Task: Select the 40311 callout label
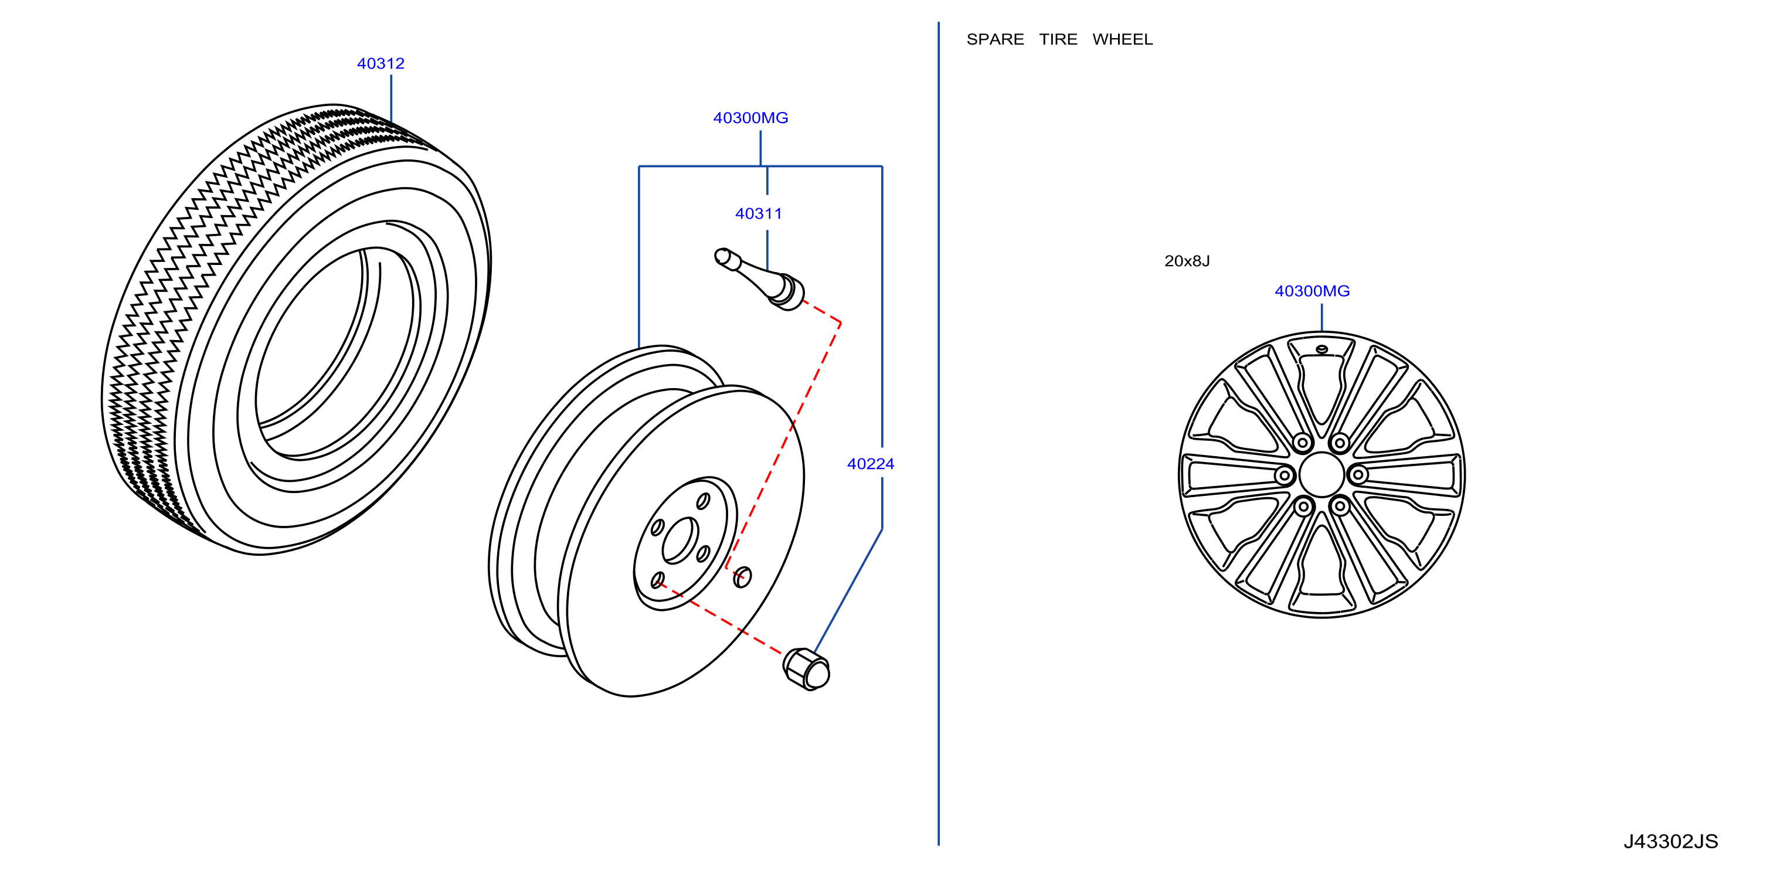pos(758,213)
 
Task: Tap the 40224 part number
pos(870,464)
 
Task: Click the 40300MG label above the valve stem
pos(750,118)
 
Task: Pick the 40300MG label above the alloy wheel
pos(1312,291)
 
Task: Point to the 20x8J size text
pos(1187,261)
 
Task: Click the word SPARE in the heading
pos(995,39)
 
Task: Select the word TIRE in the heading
pos(1058,39)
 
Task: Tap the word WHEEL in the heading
pos(1122,39)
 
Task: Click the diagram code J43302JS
pos(1670,841)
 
